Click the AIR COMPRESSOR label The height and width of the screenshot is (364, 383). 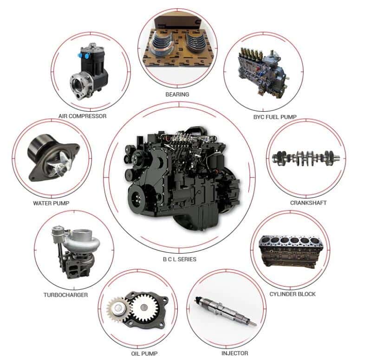(x=82, y=116)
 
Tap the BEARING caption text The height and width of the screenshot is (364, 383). (x=177, y=95)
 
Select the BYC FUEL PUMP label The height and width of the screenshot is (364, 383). (x=275, y=117)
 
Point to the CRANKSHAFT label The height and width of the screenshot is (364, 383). (x=308, y=203)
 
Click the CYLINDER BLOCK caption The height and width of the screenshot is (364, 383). (x=292, y=294)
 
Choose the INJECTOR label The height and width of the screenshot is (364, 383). (x=235, y=353)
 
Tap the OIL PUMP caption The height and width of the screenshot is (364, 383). (x=144, y=353)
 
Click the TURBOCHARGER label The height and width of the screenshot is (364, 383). (x=66, y=295)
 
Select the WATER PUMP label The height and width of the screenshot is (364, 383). (x=51, y=203)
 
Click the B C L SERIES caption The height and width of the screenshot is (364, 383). (x=180, y=259)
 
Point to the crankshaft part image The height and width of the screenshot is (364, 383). (x=306, y=158)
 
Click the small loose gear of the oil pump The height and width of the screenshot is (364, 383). (x=118, y=309)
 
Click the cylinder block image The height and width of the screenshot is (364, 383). (x=291, y=251)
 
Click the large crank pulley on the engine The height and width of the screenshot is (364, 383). (x=137, y=198)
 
